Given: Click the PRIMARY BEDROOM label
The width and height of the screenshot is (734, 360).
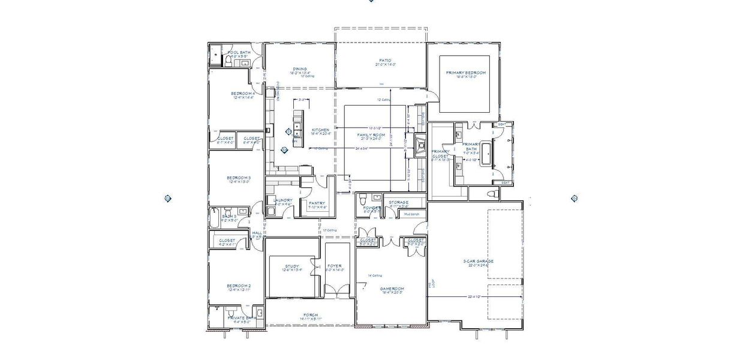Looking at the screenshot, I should click(466, 73).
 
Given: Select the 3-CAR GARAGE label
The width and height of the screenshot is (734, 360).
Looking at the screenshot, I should click(479, 262).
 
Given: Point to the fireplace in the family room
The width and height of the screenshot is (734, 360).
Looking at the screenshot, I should click(422, 146).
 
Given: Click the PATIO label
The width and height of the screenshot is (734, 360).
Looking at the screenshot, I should click(385, 61).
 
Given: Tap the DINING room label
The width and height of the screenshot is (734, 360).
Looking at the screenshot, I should click(300, 69).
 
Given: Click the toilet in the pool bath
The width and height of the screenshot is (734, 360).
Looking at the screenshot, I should click(230, 62).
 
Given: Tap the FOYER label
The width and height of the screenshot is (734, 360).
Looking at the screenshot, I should click(334, 266).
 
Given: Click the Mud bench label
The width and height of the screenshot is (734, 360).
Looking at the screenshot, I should click(411, 214).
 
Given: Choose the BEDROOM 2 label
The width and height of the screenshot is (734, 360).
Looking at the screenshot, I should click(238, 286).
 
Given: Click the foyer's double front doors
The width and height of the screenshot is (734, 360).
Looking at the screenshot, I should click(336, 292).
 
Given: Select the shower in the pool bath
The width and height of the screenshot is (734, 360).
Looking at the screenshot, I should click(215, 55).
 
